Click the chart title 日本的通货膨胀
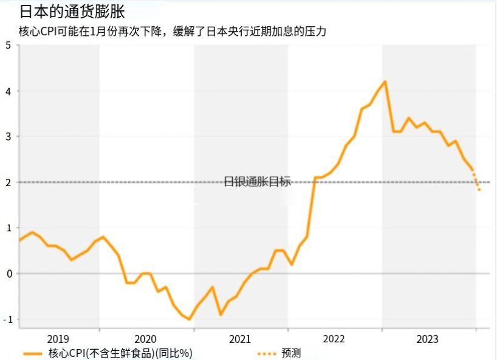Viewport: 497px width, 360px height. (x=72, y=12)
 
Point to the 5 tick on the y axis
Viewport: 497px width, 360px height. (x=8, y=46)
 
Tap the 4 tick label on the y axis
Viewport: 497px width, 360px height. (x=8, y=91)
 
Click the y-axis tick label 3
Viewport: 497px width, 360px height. (x=8, y=137)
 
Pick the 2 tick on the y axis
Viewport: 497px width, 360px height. (x=8, y=182)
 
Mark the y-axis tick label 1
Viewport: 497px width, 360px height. (x=8, y=227)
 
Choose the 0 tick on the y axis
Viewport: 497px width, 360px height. (x=8, y=273)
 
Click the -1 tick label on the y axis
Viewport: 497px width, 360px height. (x=7, y=319)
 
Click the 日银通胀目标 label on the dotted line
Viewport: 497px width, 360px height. (x=258, y=181)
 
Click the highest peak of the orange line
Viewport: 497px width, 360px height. (x=385, y=81)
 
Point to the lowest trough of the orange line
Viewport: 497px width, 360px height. (x=190, y=319)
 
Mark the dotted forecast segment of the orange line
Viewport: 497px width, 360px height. (x=476, y=181)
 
